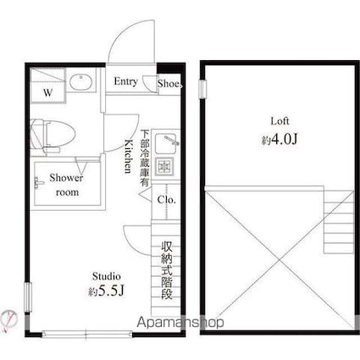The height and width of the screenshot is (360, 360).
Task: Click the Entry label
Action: pos(126,82)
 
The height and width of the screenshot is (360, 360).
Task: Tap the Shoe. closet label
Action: pos(169,83)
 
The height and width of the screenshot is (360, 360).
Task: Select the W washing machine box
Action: pos(47,91)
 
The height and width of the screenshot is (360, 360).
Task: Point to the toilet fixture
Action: pos(53,133)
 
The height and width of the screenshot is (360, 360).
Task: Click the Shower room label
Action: pos(66,185)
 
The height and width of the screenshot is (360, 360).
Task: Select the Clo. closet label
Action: pos(165,200)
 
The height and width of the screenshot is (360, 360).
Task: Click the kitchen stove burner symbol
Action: pos(166,163)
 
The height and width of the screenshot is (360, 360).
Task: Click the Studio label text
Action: pos(106,276)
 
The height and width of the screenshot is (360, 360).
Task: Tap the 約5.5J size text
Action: pos(106,291)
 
